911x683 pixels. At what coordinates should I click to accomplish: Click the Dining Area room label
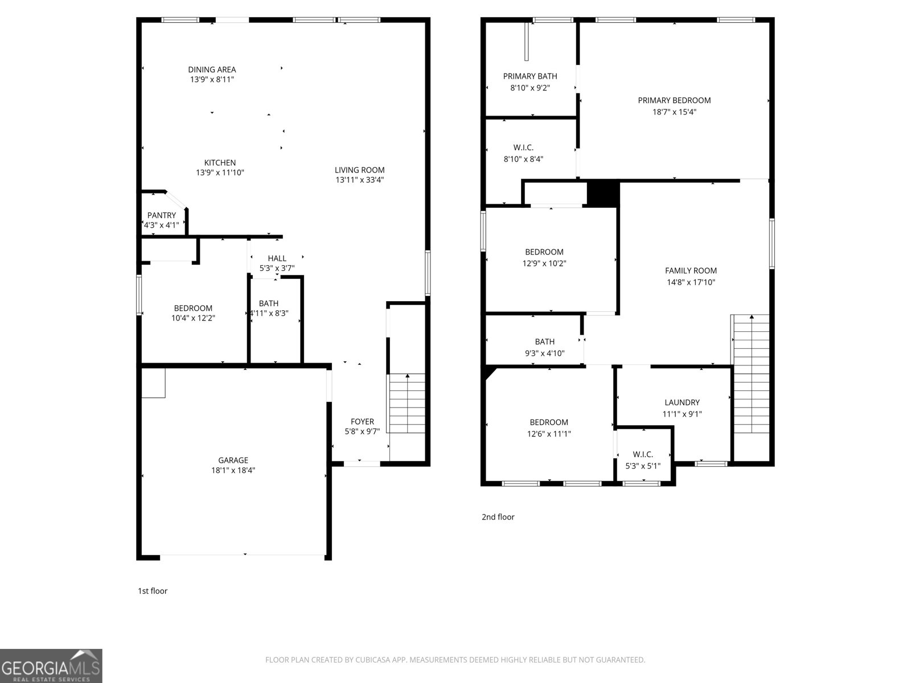click(212, 69)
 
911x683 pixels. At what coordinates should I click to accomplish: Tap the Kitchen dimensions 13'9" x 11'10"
click(220, 172)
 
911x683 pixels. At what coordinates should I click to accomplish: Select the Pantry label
click(162, 215)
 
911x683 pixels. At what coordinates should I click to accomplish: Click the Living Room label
click(359, 170)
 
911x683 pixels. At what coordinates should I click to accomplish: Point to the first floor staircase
click(407, 403)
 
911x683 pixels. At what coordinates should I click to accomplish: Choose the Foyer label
click(362, 421)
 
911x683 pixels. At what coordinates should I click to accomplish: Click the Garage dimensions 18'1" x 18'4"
click(233, 470)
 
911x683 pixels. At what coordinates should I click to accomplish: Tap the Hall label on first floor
click(277, 258)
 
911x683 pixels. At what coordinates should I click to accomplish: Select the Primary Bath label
click(530, 76)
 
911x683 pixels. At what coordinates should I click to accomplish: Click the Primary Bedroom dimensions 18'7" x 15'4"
click(674, 112)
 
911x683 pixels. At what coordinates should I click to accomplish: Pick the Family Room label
click(691, 271)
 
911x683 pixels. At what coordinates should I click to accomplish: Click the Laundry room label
click(682, 402)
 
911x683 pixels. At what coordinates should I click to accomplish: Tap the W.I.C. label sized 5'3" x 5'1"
click(643, 454)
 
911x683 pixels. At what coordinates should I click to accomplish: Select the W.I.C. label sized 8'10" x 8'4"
click(523, 148)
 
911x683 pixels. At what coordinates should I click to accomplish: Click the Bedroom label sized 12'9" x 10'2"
click(544, 252)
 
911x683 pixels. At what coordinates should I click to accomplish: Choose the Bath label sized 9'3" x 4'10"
click(544, 341)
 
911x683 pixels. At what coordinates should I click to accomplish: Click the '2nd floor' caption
click(498, 517)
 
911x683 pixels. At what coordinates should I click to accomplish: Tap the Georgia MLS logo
click(51, 666)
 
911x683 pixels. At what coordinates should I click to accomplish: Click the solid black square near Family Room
click(603, 194)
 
